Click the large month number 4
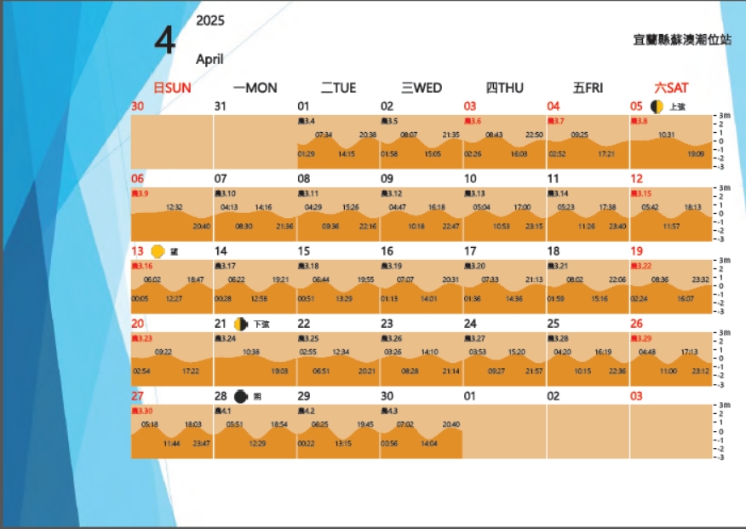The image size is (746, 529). click(166, 40)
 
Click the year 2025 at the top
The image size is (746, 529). click(210, 20)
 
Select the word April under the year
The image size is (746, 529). click(209, 60)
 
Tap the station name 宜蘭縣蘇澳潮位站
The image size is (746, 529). click(682, 39)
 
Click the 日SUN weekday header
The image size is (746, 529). click(172, 88)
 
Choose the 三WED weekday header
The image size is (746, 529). click(422, 88)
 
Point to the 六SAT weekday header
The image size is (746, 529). click(671, 88)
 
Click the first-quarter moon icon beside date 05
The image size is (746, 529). click(657, 106)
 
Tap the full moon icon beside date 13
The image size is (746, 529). click(157, 251)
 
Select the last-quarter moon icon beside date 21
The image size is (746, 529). click(240, 324)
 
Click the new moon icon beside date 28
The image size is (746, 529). click(241, 396)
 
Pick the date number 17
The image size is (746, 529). click(470, 251)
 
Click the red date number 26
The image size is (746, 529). click(636, 324)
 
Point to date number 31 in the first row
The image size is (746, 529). click(221, 106)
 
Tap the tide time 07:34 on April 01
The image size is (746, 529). click(324, 135)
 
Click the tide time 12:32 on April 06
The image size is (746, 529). click(175, 207)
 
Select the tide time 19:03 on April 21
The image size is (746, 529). click(279, 371)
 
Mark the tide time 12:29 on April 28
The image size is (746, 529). click(258, 444)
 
